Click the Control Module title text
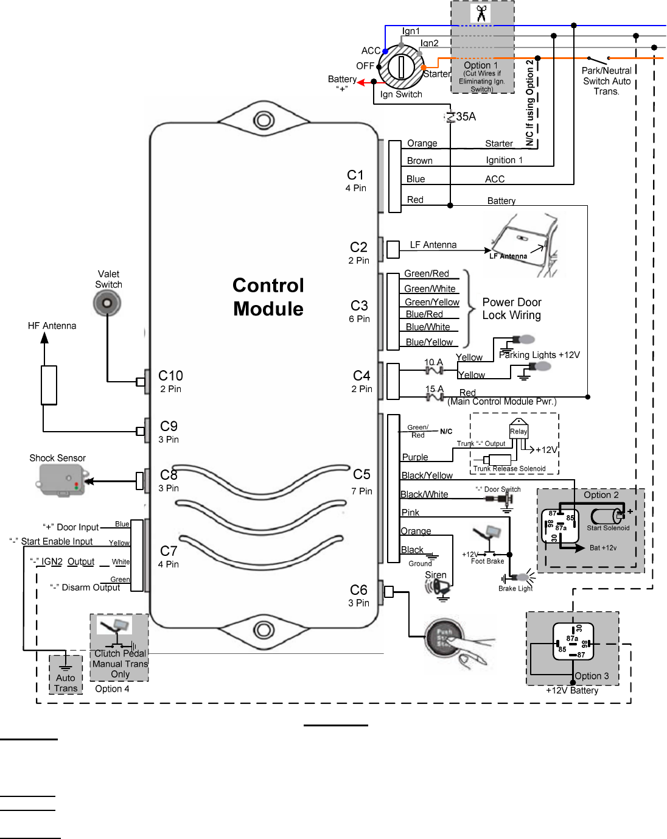coord(268,297)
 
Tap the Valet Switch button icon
coord(107,303)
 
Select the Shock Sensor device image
coord(62,480)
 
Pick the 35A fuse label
coord(466,116)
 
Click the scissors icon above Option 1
coord(481,13)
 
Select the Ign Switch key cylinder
coord(402,66)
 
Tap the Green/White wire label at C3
coord(430,289)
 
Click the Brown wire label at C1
coord(420,161)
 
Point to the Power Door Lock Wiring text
coord(512,309)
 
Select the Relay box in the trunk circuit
coord(519,430)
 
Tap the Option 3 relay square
coord(573,642)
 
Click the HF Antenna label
coord(52,326)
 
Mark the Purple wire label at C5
coord(415,457)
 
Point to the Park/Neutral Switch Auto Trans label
coord(607,81)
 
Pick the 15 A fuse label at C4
coord(435,389)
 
